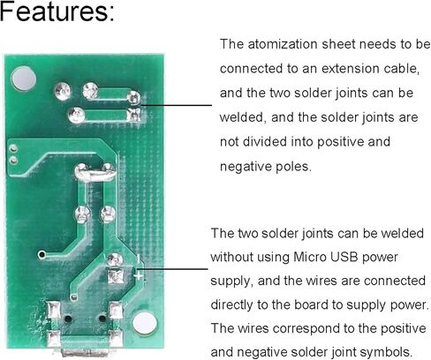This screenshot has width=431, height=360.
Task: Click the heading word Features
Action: [57, 11]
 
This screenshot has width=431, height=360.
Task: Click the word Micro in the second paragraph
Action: [310, 257]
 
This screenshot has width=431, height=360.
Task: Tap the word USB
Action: [344, 257]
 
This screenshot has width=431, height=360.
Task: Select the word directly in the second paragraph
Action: [232, 305]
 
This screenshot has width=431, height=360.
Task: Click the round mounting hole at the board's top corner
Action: [23, 79]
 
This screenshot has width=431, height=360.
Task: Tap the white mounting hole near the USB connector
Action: [145, 324]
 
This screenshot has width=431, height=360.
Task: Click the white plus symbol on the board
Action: [138, 276]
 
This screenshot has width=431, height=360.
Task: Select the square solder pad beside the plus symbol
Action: [116, 275]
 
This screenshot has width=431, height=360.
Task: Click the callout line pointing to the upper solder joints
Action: [176, 105]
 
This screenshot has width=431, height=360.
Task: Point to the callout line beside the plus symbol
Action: [171, 268]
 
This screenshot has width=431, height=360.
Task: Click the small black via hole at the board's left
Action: [42, 254]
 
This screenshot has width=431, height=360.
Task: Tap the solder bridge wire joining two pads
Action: [95, 175]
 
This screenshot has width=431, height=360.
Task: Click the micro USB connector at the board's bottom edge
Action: [85, 351]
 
